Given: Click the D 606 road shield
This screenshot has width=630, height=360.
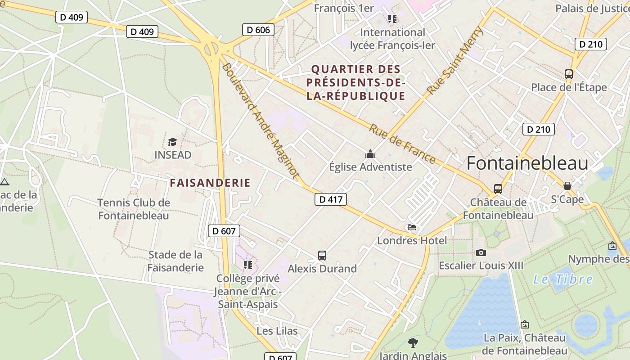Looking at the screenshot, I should click(258, 30).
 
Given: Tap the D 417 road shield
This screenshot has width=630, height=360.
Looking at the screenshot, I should click(330, 199).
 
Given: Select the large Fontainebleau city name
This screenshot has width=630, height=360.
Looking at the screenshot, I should click(527, 163).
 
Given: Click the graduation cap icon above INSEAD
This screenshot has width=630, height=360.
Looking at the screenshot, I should click(172, 142).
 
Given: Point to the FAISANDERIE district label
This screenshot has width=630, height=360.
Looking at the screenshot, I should click(210, 183).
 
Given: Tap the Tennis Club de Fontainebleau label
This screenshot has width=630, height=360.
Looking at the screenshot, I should click(134, 209).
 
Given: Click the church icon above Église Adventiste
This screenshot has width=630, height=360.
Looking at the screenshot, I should click(370, 154).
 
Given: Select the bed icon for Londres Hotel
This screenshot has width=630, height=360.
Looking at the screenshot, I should click(412, 228).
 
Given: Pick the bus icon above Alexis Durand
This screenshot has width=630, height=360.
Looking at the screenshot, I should click(322, 256).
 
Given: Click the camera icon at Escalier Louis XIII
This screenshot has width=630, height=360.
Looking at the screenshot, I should click(481, 253).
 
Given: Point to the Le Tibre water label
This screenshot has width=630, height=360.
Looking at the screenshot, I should click(563, 279).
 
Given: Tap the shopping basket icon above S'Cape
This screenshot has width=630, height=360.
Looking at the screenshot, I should click(567, 186).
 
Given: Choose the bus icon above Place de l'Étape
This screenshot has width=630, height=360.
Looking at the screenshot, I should click(569, 74).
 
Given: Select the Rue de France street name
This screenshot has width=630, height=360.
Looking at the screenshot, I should click(402, 144).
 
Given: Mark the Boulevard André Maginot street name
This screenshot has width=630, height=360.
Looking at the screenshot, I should click(261, 121).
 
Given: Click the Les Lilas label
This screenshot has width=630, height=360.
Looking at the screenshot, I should click(277, 331).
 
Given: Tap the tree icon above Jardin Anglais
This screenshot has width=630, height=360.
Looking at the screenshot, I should click(413, 343).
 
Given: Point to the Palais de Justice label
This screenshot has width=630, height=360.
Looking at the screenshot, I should click(592, 9).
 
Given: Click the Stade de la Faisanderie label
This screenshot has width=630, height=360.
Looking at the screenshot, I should click(175, 261).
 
